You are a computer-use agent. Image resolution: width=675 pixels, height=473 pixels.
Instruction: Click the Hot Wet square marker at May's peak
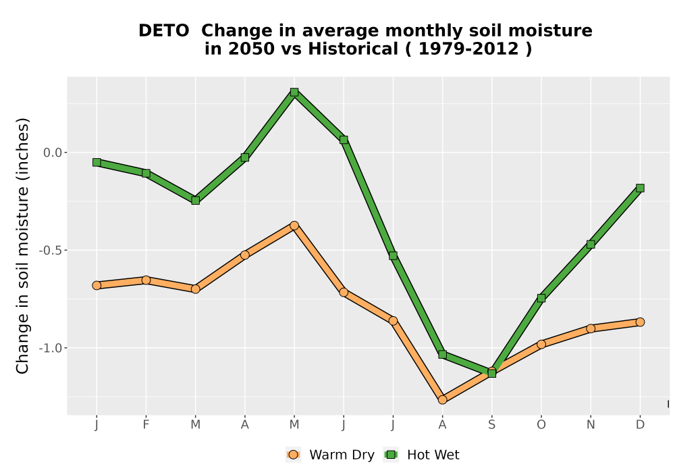click(x=294, y=92)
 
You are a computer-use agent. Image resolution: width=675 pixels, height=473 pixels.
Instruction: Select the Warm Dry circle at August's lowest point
click(x=442, y=400)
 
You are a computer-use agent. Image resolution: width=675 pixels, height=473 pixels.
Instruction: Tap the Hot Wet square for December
click(x=640, y=188)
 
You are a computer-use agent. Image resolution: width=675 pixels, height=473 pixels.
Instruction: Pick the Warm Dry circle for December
click(x=640, y=322)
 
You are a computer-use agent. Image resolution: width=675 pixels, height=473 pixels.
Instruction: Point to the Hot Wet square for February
click(x=146, y=173)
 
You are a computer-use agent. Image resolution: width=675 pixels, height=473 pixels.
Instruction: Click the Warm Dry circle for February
click(x=146, y=280)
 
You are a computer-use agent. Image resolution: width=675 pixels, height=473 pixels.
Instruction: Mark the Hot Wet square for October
click(x=541, y=298)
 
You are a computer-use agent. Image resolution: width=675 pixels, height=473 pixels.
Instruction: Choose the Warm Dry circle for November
click(x=591, y=328)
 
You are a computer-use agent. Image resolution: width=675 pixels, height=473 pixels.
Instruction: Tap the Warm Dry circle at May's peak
click(x=294, y=225)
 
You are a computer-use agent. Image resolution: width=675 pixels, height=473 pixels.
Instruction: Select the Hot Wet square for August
click(x=442, y=355)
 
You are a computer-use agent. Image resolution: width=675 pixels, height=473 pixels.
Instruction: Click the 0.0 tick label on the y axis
click(x=53, y=153)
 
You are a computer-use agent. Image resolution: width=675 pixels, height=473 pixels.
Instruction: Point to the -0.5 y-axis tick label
click(x=51, y=250)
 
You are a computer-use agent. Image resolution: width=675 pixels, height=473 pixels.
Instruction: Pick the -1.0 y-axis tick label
click(x=51, y=348)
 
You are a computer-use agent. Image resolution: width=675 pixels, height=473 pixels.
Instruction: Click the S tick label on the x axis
click(x=491, y=425)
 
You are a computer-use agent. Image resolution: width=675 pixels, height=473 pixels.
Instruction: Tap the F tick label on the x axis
click(x=146, y=425)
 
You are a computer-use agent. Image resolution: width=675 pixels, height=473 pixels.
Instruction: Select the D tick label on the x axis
click(x=640, y=425)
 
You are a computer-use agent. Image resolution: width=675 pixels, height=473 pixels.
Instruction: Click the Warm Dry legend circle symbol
click(x=293, y=455)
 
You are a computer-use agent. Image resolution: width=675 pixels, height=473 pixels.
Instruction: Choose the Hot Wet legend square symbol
click(x=391, y=455)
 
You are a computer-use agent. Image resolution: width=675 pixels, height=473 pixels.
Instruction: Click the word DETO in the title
click(x=163, y=31)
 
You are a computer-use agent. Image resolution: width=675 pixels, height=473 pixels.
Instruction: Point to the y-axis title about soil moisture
click(x=22, y=245)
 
